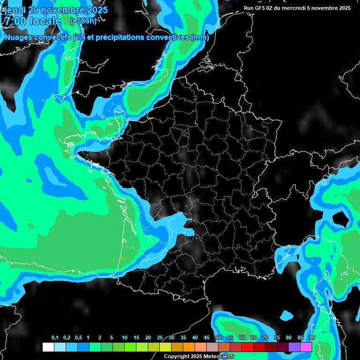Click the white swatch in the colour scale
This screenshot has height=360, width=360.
tap(48, 347)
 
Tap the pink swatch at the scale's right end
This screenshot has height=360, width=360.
tap(306, 347)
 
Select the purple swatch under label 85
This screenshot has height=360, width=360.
tap(294, 347)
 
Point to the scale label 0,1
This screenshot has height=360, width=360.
tap(55, 338)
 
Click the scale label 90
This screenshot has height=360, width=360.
tap(312, 338)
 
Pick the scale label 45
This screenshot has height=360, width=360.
tap(207, 338)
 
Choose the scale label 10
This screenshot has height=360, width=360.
tap(125, 338)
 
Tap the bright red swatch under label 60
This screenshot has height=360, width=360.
tap(247, 347)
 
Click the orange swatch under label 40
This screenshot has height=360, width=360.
tap(189, 347)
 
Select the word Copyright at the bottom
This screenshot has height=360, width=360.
tap(177, 356)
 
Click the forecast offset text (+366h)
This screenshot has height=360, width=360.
tap(83, 21)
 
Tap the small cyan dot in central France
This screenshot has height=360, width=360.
tap(186, 206)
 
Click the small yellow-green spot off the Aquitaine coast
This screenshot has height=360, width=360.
tap(121, 257)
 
